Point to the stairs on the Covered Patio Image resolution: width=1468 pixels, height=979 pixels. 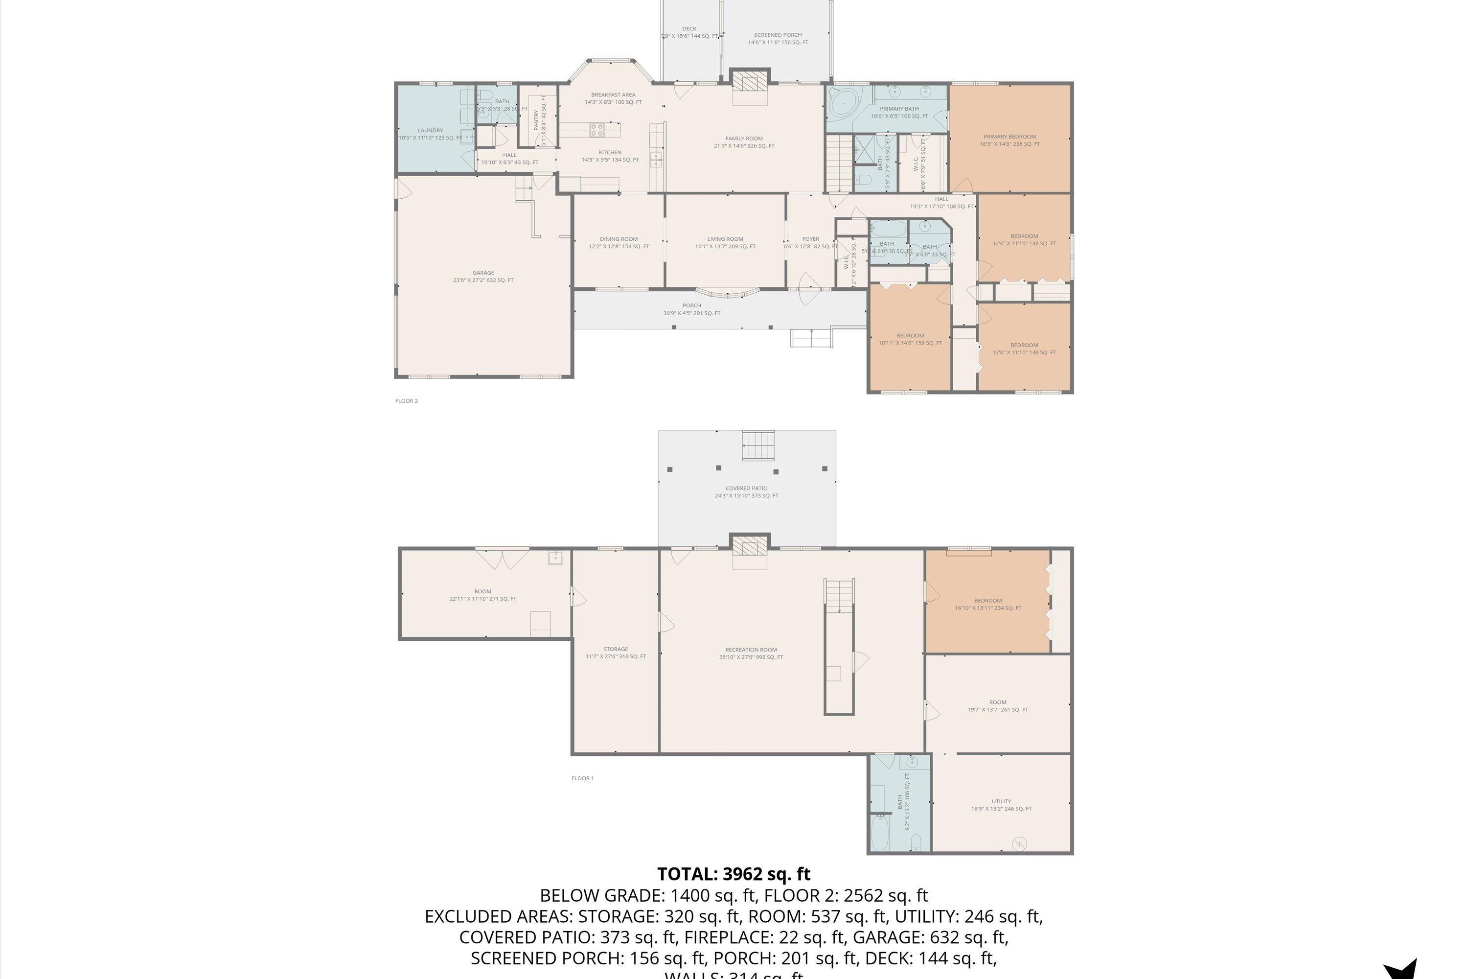point(757,446)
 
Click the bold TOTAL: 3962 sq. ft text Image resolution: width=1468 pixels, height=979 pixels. point(734,873)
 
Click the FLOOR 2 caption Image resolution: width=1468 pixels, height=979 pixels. point(406,401)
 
